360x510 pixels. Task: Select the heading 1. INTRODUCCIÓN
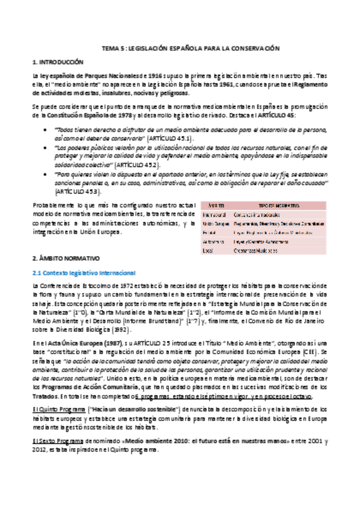(58, 62)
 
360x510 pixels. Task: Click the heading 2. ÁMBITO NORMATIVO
(66, 259)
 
